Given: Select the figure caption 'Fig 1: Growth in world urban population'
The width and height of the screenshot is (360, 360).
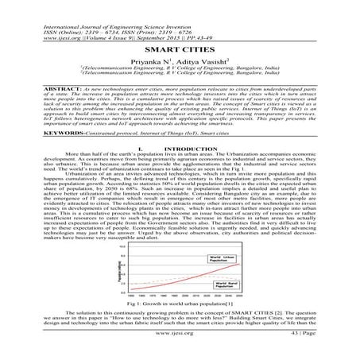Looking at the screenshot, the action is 181,304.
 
